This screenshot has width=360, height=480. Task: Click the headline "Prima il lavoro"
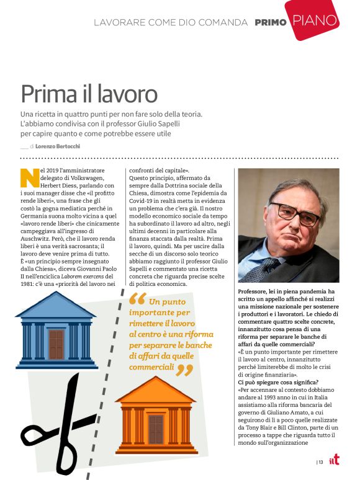click(89, 94)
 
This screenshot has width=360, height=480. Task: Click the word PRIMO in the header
click(271, 22)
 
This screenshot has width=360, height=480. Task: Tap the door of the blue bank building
click(56, 344)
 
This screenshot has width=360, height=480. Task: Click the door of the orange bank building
click(156, 429)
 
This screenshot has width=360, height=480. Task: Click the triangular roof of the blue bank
click(56, 305)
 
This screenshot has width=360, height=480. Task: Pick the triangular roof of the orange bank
click(155, 389)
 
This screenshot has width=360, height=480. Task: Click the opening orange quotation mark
click(137, 300)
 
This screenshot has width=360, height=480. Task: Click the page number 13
click(321, 461)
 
